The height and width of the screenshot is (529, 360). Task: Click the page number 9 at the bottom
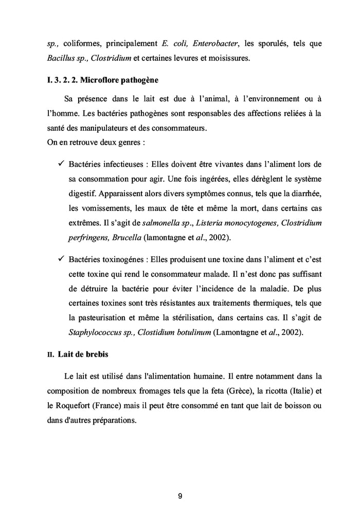(x=180, y=497)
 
